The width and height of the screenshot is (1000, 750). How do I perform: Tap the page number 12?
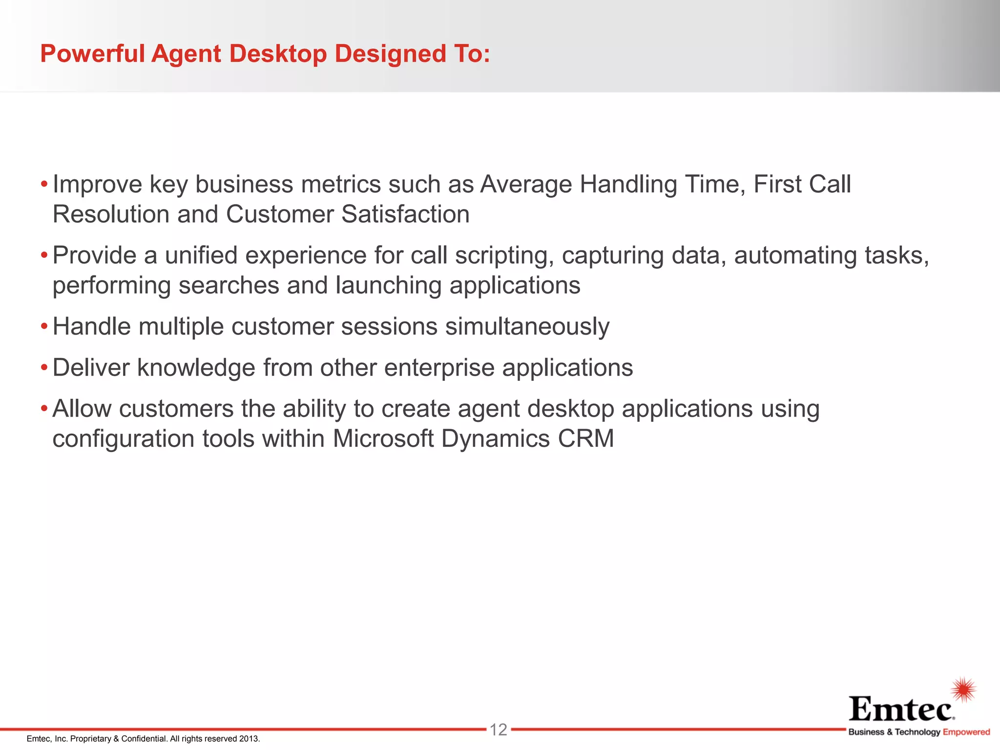[x=499, y=730]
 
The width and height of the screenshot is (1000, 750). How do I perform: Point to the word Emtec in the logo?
[x=901, y=709]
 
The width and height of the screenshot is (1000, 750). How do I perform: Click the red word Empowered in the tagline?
[x=966, y=732]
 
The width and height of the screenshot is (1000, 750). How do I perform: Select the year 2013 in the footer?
[x=249, y=739]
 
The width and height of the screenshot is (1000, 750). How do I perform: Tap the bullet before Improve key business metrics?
[x=44, y=185]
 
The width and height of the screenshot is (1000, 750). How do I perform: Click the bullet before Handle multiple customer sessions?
[x=44, y=326]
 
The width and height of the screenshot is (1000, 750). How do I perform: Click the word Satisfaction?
[x=405, y=214]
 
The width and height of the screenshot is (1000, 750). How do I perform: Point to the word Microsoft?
[x=383, y=438]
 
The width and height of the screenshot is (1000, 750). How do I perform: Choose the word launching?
[x=388, y=285]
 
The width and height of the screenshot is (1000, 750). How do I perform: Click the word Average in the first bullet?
[x=526, y=185]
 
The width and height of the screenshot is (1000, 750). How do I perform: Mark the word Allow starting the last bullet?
[x=82, y=409]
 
